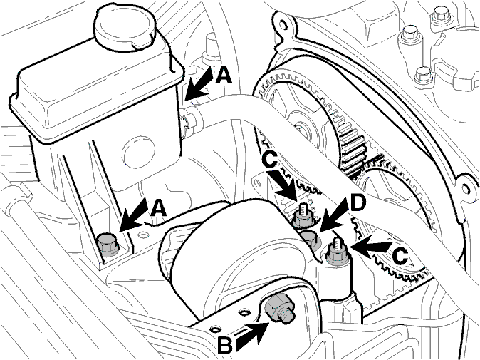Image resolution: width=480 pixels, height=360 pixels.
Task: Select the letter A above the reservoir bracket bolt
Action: [x=159, y=209]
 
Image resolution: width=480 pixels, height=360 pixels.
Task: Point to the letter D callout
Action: [x=358, y=205]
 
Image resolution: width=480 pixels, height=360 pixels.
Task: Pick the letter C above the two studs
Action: [x=270, y=160]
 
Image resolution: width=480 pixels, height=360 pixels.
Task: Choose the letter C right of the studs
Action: [x=400, y=256]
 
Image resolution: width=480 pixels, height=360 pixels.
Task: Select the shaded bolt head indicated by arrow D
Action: [x=310, y=239]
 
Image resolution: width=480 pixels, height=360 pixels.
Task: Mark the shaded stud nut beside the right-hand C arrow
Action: [x=336, y=252]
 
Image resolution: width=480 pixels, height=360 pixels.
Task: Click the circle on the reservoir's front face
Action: [x=140, y=152]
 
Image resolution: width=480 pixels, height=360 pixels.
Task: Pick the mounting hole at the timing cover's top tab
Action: [x=283, y=25]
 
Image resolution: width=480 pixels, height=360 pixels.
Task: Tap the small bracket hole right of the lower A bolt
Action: [x=142, y=235]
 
